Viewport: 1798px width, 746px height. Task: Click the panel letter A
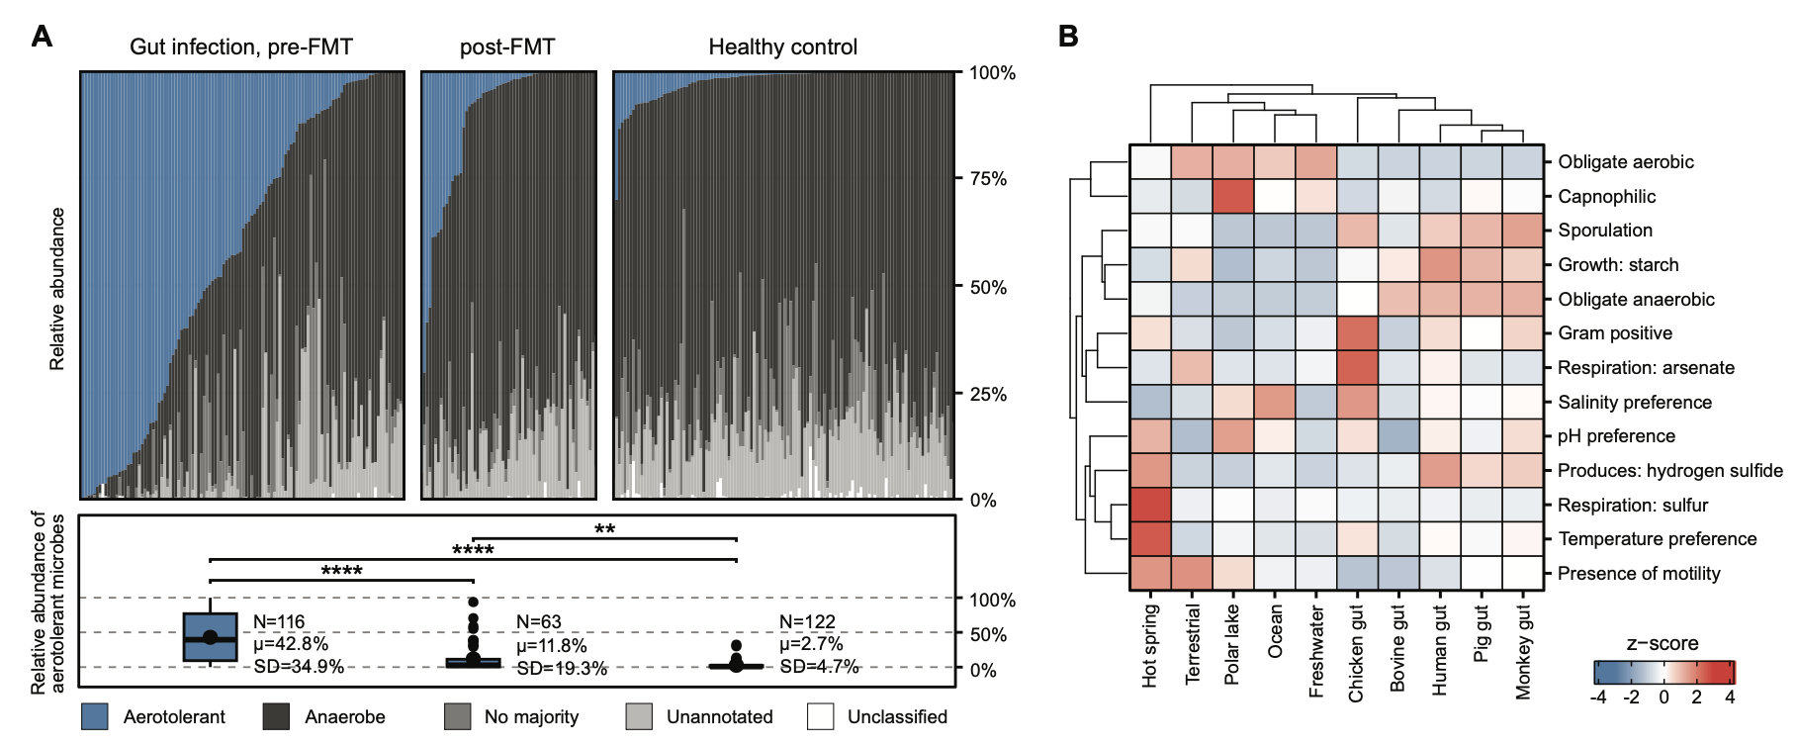pos(42,37)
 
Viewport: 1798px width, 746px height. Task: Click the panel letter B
pos(1068,37)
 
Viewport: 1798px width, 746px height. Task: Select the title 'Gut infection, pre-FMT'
pos(241,47)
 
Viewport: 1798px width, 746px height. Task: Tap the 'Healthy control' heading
pos(782,47)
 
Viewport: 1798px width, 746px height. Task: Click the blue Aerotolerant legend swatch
pos(95,716)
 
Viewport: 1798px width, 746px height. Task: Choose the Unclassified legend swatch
pos(820,716)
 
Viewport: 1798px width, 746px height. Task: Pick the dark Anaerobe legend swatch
pos(277,716)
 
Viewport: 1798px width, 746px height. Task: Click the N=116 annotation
pos(279,622)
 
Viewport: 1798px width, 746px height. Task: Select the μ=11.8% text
pos(551,646)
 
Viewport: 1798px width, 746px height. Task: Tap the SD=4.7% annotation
pos(819,667)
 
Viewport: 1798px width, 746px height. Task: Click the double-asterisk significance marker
pos(604,529)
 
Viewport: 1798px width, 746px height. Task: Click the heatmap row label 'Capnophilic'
pos(1606,197)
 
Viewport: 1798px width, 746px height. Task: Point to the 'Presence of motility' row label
pos(1639,574)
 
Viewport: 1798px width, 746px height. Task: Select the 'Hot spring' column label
pos(1149,645)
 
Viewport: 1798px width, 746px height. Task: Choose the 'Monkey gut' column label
pos(1523,651)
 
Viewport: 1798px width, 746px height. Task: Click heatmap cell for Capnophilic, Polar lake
pos(1233,196)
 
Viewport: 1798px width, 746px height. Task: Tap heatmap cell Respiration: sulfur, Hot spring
pos(1150,505)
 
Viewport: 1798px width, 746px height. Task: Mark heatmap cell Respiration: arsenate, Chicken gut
pos(1357,368)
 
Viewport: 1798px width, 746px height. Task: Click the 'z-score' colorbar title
pos(1663,643)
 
